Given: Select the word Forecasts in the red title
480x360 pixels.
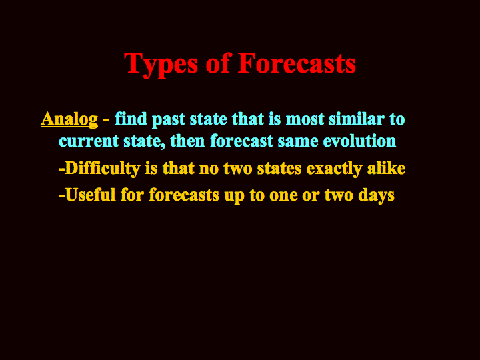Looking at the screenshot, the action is coord(297,63).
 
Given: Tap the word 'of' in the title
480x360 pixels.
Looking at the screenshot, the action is coord(217,63).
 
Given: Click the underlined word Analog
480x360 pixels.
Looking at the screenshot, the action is coord(69,119).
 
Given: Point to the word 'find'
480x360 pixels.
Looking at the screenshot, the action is coord(131,119).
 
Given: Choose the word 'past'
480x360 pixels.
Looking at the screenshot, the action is coord(169,120).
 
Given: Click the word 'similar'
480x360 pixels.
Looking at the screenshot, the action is coord(356,119).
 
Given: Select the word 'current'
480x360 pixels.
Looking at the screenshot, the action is coord(89,141).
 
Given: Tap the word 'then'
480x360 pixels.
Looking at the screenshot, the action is coord(187,141).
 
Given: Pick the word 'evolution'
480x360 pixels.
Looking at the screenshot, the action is coord(359,141).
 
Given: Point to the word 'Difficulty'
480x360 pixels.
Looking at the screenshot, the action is coord(102,169).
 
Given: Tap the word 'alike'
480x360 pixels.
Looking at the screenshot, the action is coord(386,168).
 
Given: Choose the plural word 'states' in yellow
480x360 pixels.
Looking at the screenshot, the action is coord(279,169).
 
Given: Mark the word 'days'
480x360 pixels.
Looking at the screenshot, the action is coord(376,195).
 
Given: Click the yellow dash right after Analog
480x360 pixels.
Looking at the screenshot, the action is coord(106,121).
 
